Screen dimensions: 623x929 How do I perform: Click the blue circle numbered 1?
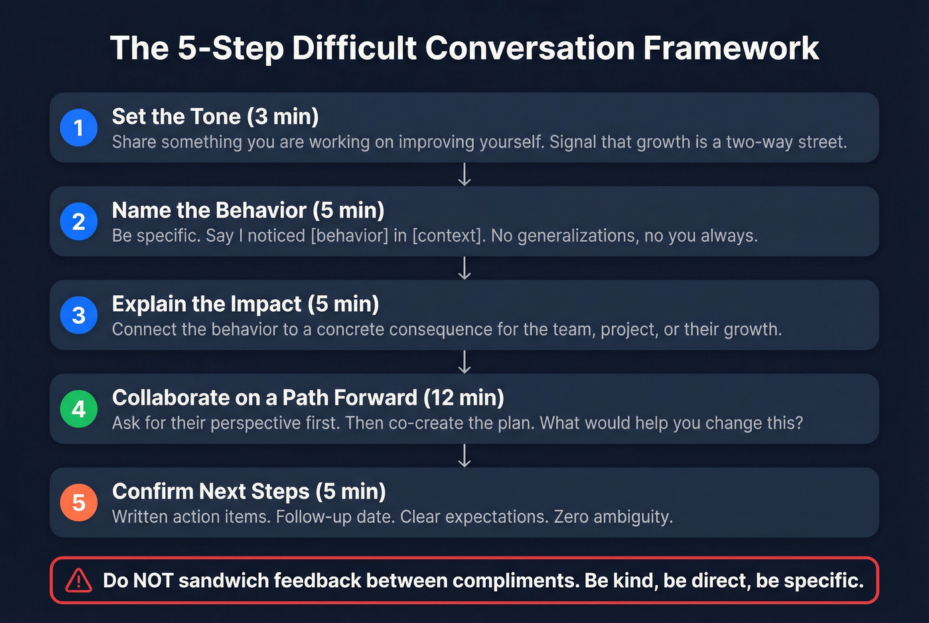(79, 127)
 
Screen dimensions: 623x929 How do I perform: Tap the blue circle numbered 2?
(79, 221)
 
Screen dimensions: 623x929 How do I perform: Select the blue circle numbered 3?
(79, 315)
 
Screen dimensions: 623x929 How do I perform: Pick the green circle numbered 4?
(79, 409)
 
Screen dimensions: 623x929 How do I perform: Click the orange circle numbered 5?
(79, 502)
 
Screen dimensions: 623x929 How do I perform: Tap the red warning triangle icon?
(78, 581)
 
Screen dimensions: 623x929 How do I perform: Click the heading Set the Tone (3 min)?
(215, 117)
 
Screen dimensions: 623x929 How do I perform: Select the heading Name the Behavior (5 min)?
(248, 210)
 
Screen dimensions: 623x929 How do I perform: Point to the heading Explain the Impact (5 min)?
(246, 304)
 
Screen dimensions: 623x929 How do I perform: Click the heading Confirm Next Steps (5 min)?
(249, 492)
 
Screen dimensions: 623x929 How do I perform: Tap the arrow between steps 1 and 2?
(464, 174)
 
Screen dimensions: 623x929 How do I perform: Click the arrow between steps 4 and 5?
(464, 456)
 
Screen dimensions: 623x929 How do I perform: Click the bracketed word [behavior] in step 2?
(349, 236)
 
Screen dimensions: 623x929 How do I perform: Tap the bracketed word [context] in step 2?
(446, 236)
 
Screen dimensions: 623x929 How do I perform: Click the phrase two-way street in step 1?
(786, 142)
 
